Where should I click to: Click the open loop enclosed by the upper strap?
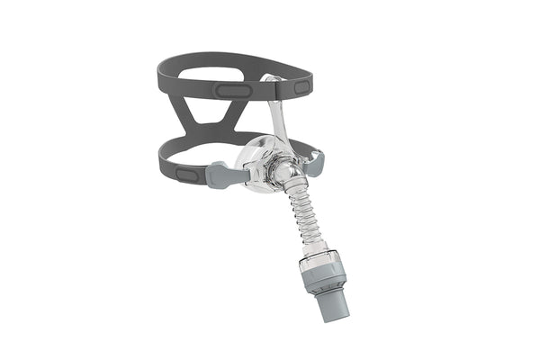pyautogui.click(x=225, y=76)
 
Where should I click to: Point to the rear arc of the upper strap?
pyautogui.click(x=216, y=59)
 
